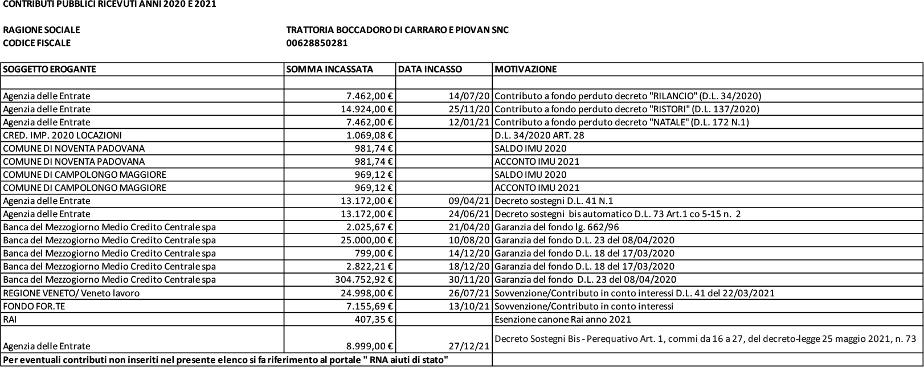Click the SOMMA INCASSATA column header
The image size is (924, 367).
(x=330, y=70)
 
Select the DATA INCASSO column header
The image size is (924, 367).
(x=430, y=70)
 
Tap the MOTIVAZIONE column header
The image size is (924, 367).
(x=525, y=70)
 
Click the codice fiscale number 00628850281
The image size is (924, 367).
(x=317, y=43)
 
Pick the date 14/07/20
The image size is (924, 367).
(x=469, y=96)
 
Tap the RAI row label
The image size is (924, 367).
(x=10, y=319)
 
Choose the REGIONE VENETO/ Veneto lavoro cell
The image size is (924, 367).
(x=71, y=293)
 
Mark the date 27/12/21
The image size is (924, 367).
(x=469, y=346)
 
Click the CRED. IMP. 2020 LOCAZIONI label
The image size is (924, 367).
(x=62, y=135)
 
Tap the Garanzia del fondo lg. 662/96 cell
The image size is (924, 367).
(x=557, y=227)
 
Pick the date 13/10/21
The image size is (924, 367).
(x=469, y=306)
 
